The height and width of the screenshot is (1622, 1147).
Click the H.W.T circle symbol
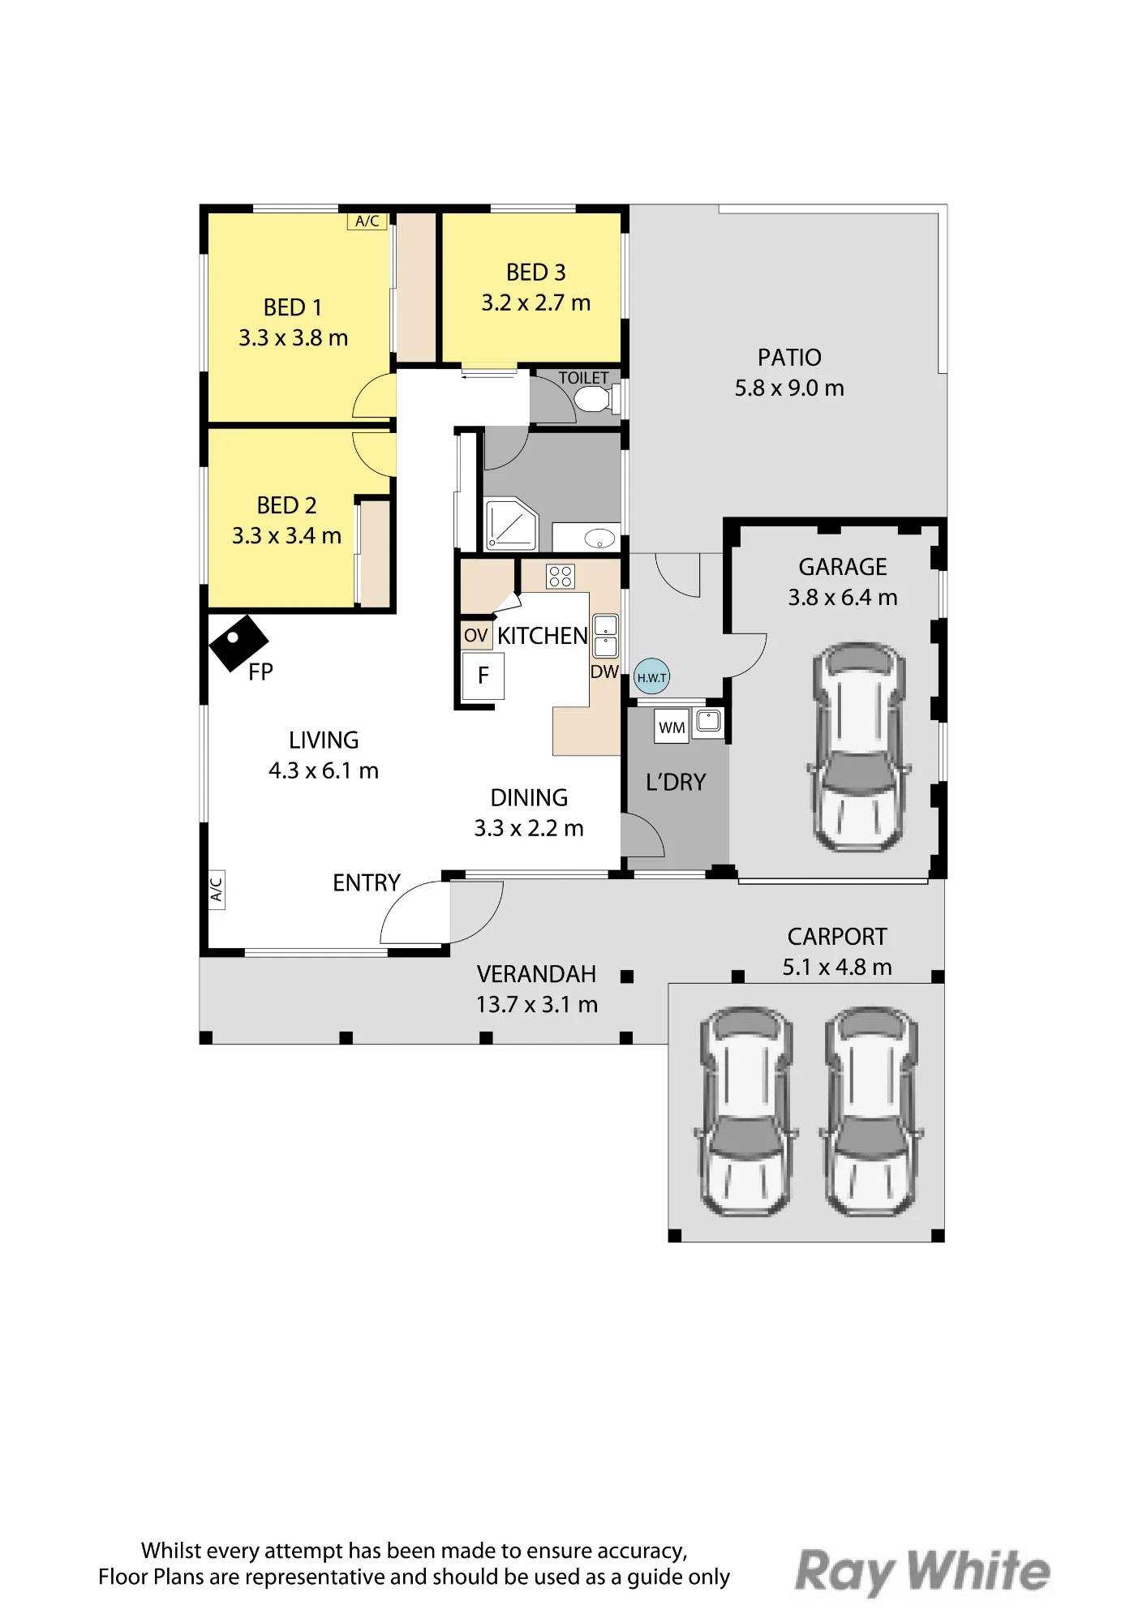click(651, 676)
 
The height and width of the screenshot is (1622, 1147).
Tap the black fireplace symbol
click(238, 642)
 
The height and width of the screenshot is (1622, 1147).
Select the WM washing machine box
click(672, 727)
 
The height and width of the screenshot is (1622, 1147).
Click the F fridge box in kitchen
click(483, 676)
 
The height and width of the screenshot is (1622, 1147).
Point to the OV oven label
click(476, 635)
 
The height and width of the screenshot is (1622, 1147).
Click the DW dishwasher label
click(604, 672)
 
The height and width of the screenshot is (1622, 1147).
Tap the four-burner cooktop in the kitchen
click(561, 577)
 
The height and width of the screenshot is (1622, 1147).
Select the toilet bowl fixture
click(597, 399)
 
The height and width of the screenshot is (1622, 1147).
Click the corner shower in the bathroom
click(511, 524)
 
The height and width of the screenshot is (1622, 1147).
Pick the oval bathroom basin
click(599, 537)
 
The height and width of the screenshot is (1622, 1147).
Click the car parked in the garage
click(858, 747)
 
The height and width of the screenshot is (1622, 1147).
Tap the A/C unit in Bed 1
click(367, 221)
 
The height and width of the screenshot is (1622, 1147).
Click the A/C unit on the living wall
click(217, 890)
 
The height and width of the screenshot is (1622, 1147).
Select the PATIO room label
click(789, 358)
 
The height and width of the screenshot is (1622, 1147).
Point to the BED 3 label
click(536, 272)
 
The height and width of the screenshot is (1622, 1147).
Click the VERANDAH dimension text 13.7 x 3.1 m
click(537, 1005)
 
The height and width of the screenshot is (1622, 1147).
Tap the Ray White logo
click(922, 1571)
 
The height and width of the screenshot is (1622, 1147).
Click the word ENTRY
click(367, 882)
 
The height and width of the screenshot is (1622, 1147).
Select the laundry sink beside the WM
click(709, 720)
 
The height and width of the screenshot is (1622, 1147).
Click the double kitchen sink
click(606, 636)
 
